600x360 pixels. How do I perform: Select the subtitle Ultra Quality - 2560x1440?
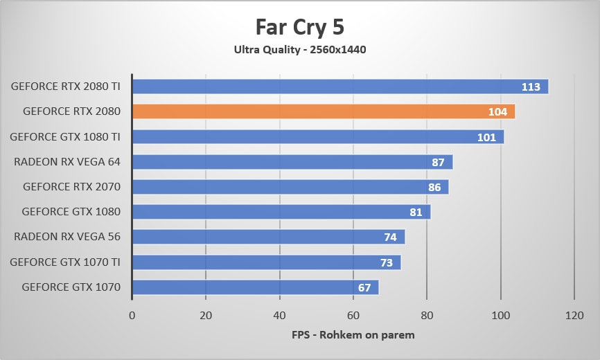pyautogui.click(x=299, y=49)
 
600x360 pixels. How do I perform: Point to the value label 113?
pyautogui.click(x=531, y=87)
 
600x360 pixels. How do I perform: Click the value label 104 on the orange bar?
pyautogui.click(x=497, y=112)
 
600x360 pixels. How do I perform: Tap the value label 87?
pyautogui.click(x=437, y=162)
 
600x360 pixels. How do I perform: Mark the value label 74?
pyautogui.click(x=390, y=237)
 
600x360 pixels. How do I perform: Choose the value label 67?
pyautogui.click(x=364, y=287)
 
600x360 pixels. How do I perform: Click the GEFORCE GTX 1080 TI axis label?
pyautogui.click(x=65, y=137)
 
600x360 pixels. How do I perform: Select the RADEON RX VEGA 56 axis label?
pyautogui.click(x=67, y=237)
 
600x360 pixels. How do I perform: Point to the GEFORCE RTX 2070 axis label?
pyautogui.click(x=71, y=187)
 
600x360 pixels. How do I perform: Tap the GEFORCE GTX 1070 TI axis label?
pyautogui.click(x=65, y=262)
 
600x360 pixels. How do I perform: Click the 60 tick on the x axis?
pyautogui.click(x=353, y=316)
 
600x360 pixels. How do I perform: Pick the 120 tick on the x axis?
pyautogui.click(x=574, y=316)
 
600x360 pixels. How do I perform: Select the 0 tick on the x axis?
pyautogui.click(x=132, y=316)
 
